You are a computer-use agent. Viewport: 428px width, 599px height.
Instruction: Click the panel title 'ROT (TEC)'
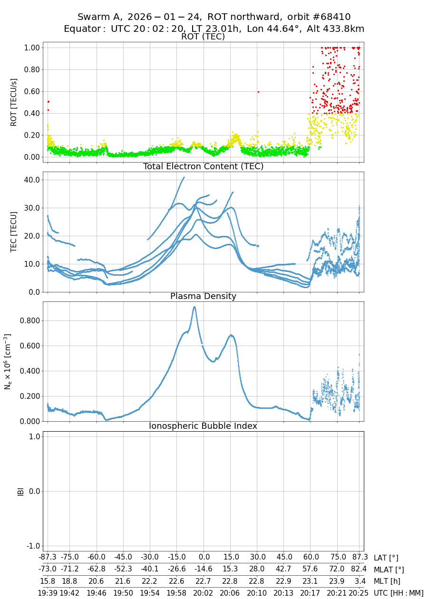click(203, 37)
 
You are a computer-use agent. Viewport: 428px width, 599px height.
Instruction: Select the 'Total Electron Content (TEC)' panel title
click(203, 166)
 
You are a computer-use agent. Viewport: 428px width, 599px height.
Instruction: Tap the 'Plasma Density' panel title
click(203, 296)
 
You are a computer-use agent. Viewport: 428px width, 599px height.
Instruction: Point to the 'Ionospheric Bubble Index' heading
click(203, 426)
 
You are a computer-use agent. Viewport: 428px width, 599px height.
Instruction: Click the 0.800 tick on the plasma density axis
click(29, 320)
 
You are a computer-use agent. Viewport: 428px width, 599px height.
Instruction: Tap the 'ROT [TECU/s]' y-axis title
click(13, 102)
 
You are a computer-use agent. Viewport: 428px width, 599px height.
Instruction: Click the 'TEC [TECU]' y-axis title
click(13, 232)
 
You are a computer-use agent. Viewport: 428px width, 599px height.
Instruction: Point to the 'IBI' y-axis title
click(20, 491)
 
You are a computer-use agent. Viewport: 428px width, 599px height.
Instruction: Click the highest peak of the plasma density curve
click(194, 307)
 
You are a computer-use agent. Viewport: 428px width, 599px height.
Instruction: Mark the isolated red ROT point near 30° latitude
click(258, 92)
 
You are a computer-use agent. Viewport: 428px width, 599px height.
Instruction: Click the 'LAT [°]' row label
click(386, 558)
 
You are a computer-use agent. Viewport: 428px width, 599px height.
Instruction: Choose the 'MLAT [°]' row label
click(389, 570)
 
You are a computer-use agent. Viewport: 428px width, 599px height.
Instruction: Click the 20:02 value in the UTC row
click(204, 592)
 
